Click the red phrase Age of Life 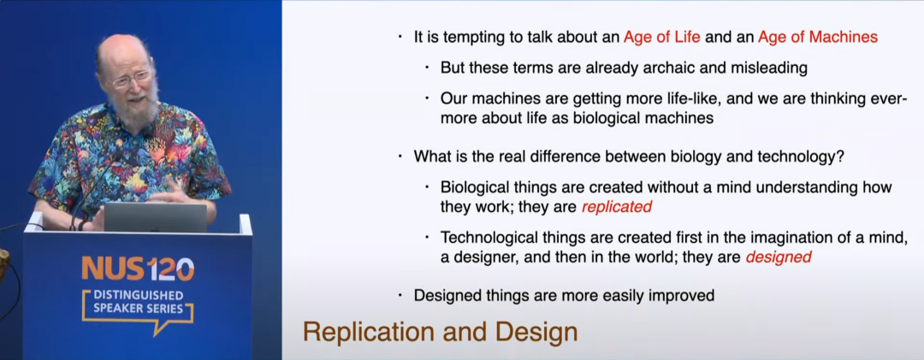click(x=661, y=38)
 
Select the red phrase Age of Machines click(x=818, y=38)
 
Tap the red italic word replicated click(x=616, y=207)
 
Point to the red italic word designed click(x=779, y=257)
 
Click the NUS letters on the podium click(x=113, y=269)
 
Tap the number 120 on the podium click(x=171, y=269)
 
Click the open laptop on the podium click(x=155, y=217)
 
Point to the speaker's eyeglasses click(x=131, y=79)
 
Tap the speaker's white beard click(x=137, y=107)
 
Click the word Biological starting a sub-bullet click(x=474, y=188)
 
